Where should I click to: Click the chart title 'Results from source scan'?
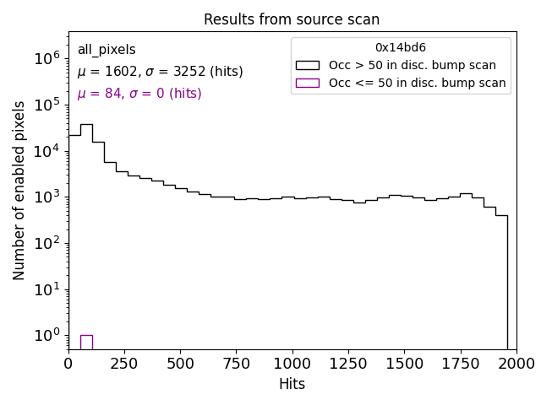point(292,19)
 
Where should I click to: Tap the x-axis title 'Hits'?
point(292,384)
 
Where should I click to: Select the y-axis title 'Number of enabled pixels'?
point(19,191)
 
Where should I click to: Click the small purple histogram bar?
point(86,342)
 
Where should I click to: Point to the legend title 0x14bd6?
point(400,48)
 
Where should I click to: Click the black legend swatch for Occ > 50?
point(308,65)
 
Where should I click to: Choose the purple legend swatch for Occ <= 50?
point(308,83)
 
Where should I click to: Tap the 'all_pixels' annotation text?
point(107,50)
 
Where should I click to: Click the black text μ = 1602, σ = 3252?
point(160,72)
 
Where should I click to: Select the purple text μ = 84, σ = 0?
point(139,94)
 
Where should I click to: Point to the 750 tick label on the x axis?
point(237,364)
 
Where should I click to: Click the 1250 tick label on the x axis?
point(348,364)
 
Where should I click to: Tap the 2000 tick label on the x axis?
point(516,364)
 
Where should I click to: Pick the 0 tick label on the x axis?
point(68,364)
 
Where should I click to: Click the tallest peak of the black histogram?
point(86,125)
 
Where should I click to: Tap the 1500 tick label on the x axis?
point(404,364)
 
